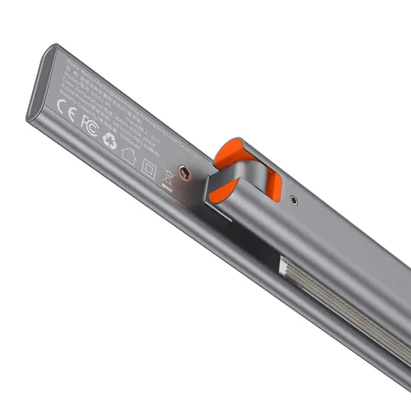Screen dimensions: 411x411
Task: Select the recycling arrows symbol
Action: pyautogui.click(x=111, y=141)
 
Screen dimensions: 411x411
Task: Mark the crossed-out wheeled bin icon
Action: pyautogui.click(x=169, y=178)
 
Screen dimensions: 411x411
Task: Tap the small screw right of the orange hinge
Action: pyautogui.click(x=294, y=198)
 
